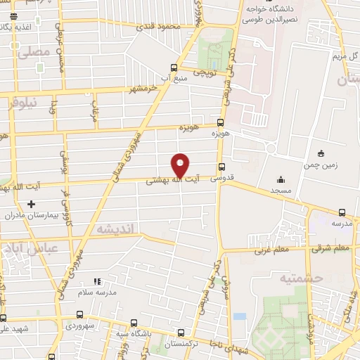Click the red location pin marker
181,165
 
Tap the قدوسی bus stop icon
222,167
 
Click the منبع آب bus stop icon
174,68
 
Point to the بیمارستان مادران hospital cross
30,204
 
